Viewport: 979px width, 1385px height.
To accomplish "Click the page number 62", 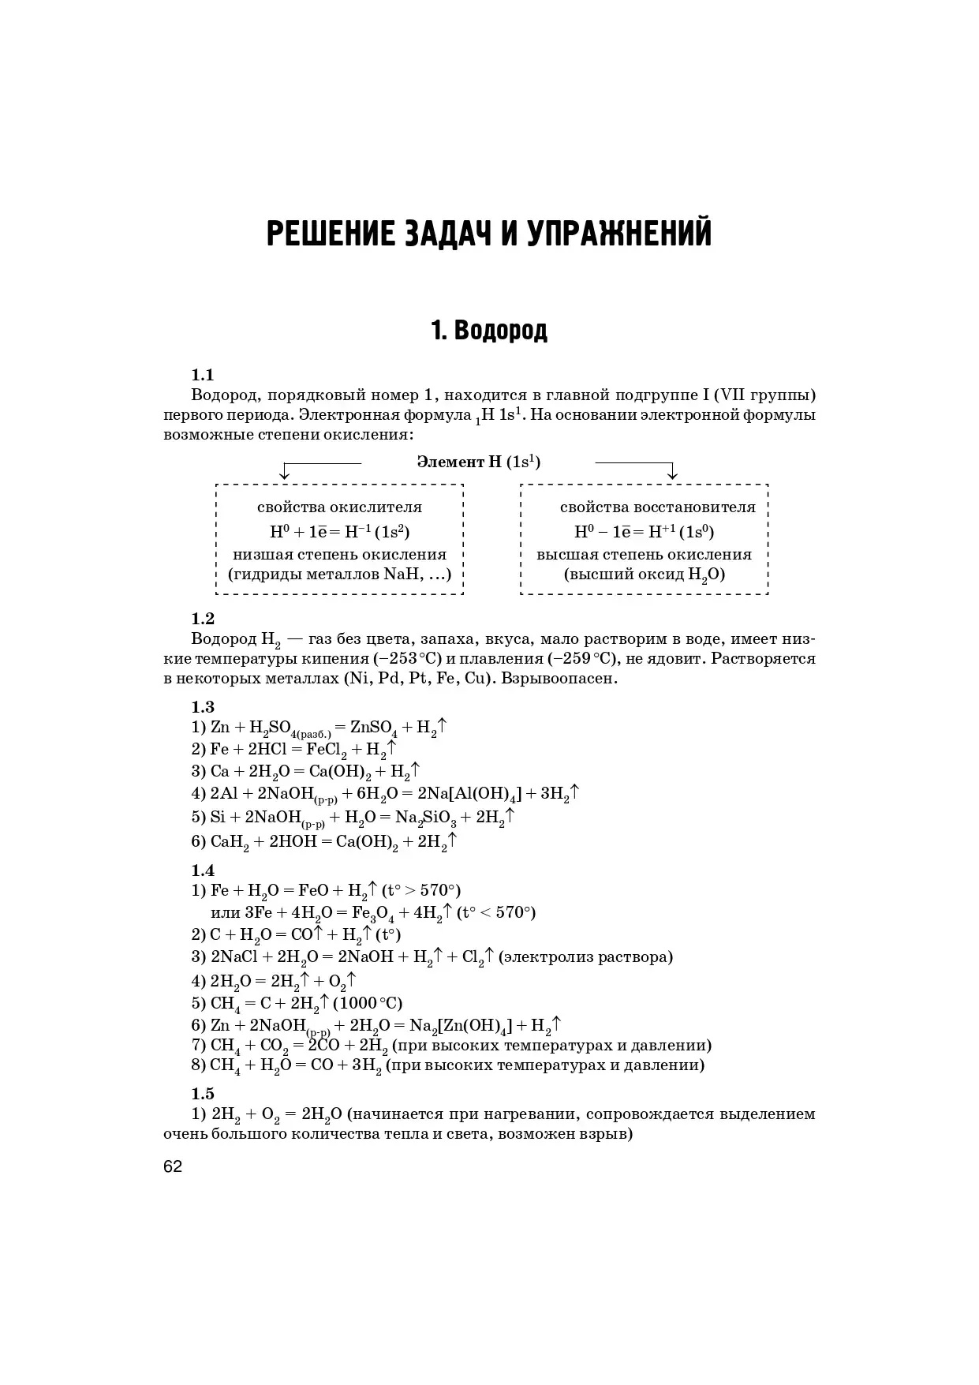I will [x=173, y=1166].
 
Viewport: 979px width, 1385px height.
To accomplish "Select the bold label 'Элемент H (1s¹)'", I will [x=478, y=462].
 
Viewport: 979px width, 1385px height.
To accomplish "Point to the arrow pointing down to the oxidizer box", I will [x=285, y=472].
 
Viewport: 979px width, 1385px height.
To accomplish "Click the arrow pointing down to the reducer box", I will [x=672, y=472].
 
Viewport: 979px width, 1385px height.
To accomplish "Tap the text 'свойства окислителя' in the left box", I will [x=339, y=507].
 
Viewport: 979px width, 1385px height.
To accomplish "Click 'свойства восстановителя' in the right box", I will [x=657, y=507].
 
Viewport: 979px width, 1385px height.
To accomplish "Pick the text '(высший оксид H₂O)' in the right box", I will [x=644, y=575].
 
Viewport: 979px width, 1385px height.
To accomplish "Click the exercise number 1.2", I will [x=203, y=618].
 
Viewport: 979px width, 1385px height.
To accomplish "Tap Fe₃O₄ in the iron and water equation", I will [x=373, y=913].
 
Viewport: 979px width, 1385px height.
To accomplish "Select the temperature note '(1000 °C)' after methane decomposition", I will [x=368, y=1003].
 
